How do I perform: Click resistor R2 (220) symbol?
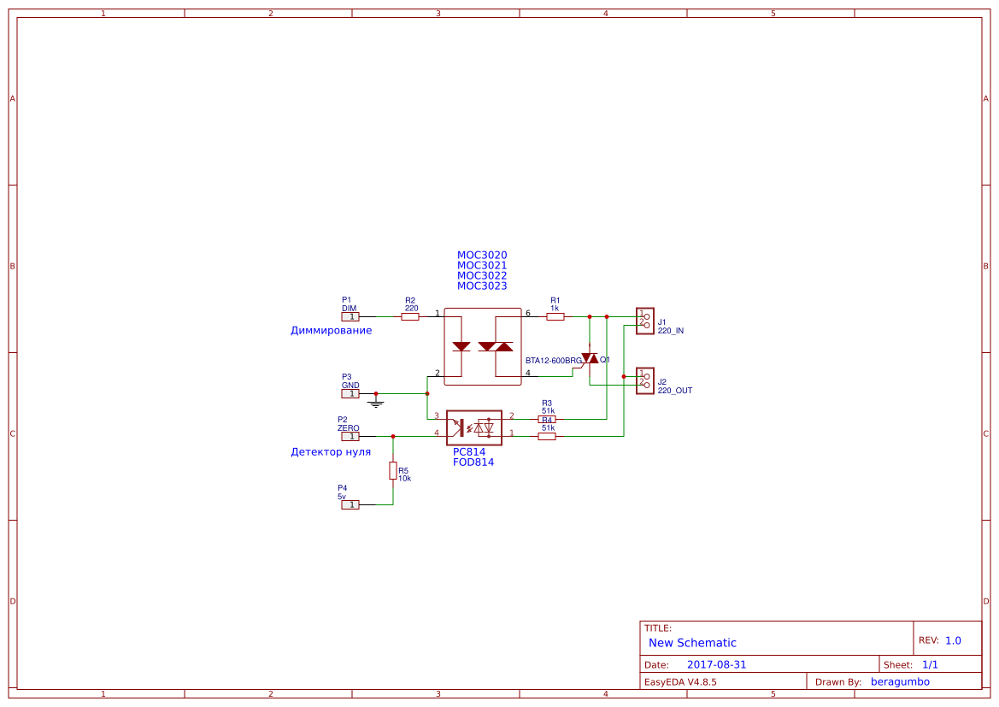click(x=410, y=316)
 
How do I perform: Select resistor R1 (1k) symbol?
click(x=555, y=316)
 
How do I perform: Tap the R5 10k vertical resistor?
click(x=393, y=470)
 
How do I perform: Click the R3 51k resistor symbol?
click(x=547, y=420)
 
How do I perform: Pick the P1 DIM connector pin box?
click(x=350, y=316)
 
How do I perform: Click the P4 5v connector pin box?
click(x=350, y=504)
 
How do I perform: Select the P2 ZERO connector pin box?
click(x=350, y=436)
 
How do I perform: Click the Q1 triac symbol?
click(x=590, y=358)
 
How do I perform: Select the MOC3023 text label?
click(x=482, y=286)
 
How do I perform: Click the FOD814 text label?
click(x=473, y=462)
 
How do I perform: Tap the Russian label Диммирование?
click(x=331, y=330)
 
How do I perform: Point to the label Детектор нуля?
click(x=331, y=451)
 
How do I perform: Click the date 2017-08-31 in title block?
click(x=716, y=664)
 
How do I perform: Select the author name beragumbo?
click(x=900, y=681)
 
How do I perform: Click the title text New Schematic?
click(x=692, y=643)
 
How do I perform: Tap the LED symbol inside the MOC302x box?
click(x=461, y=346)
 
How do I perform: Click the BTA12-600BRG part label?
click(x=553, y=361)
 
